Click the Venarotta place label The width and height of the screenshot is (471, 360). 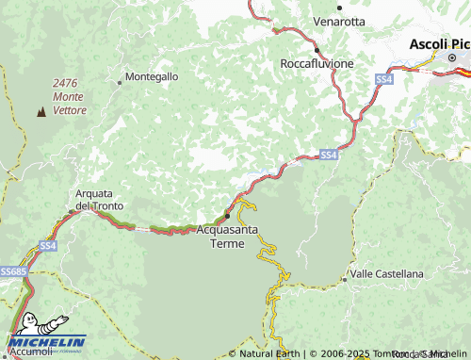(340, 20)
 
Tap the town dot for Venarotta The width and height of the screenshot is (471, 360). (339, 7)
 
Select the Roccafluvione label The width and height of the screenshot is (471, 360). (317, 63)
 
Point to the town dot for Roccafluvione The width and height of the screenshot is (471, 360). (317, 50)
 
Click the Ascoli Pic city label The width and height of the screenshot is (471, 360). (439, 44)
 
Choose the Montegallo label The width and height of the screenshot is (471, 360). (151, 76)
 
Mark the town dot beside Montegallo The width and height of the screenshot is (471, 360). (120, 82)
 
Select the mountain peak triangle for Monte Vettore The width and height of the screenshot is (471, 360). (41, 113)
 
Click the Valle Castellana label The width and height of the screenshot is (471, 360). (386, 273)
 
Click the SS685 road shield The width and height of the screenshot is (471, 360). (12, 271)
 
